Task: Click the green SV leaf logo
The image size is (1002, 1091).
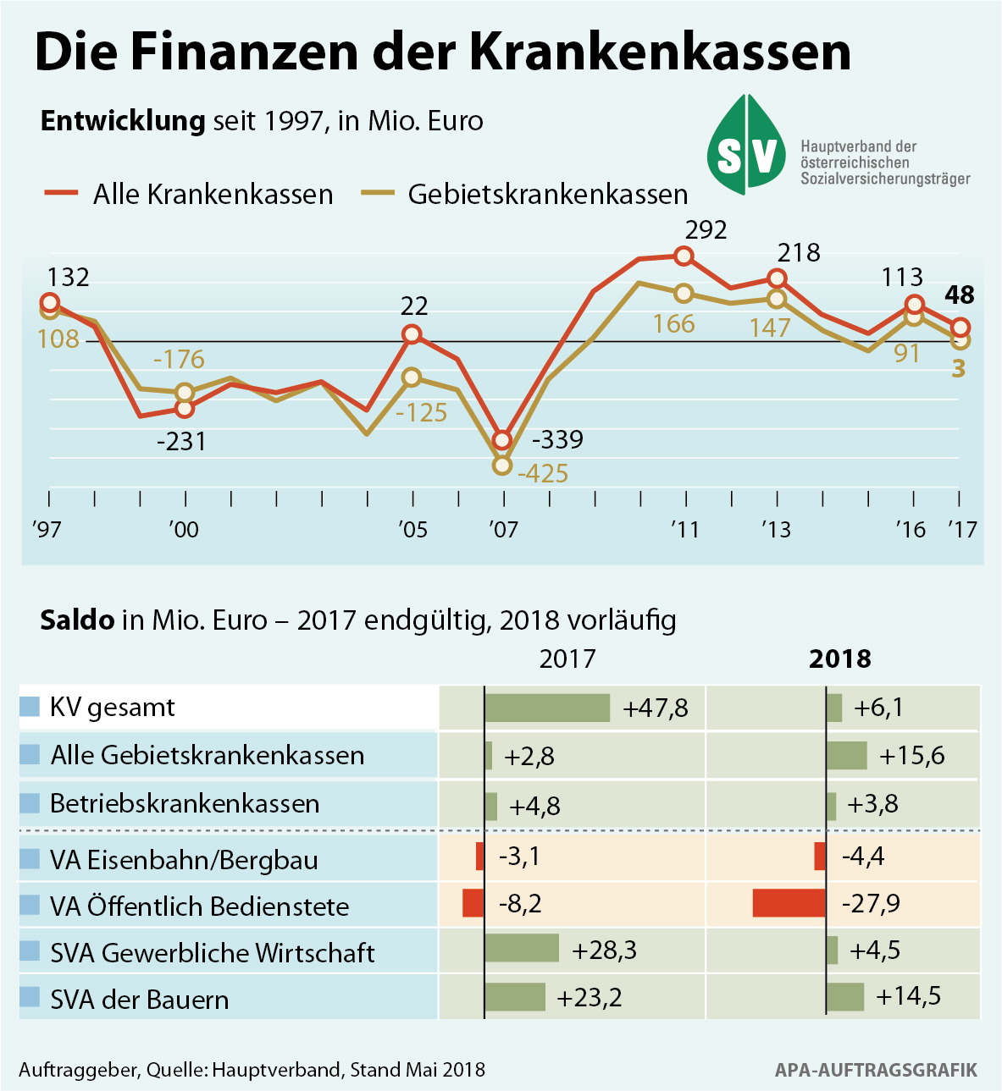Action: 746,145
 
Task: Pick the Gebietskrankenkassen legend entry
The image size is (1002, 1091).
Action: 524,194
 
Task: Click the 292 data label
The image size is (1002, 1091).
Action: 706,230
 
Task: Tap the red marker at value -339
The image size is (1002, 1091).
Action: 502,440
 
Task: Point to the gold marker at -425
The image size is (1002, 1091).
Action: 502,465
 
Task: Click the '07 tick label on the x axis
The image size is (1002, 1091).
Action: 503,530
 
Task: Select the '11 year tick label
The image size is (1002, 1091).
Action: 684,530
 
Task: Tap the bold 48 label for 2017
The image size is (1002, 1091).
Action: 960,295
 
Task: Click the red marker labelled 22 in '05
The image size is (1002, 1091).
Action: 412,334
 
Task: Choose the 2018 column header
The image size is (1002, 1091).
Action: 839,658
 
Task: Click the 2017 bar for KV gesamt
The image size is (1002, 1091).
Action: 547,708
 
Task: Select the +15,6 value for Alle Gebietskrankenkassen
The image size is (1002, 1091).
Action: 911,756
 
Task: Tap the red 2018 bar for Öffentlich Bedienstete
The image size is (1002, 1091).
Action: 789,903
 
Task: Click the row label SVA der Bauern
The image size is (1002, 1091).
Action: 139,1000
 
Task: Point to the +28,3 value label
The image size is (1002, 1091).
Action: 604,950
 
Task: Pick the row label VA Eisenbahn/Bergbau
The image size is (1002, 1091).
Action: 184,860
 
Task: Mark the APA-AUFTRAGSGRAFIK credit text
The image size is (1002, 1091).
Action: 876,1070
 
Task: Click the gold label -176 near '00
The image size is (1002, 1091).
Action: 179,359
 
